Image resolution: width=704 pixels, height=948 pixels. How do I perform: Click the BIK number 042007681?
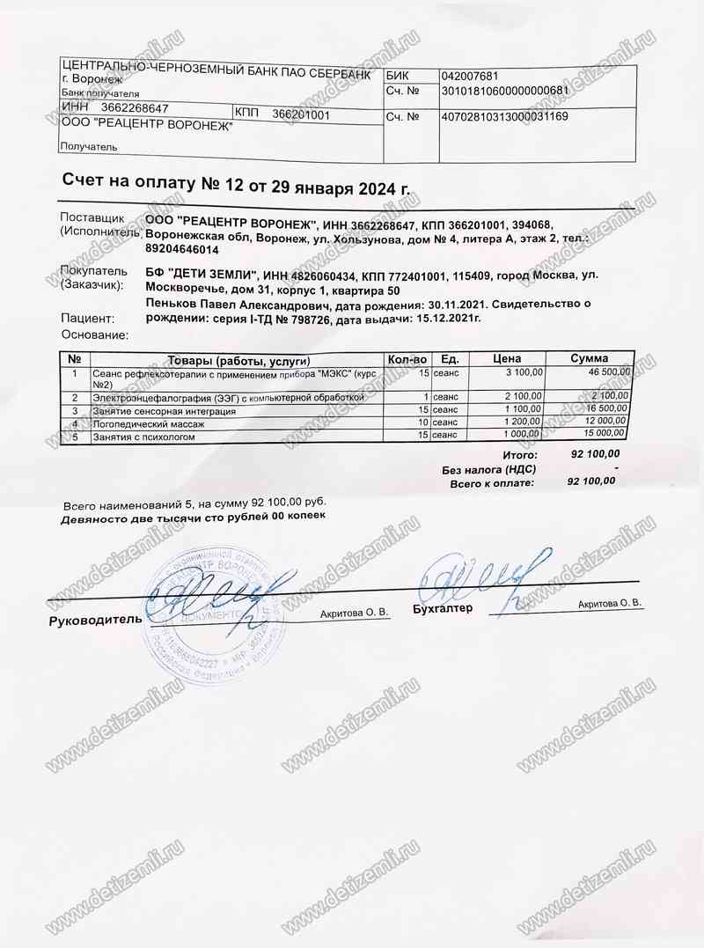point(471,76)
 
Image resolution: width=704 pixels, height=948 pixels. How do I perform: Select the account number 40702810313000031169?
point(505,116)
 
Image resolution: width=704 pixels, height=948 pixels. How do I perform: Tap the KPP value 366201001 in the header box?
point(301,114)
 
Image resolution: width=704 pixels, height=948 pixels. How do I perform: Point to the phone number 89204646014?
point(182,250)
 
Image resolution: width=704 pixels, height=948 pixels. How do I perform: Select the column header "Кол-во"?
point(407,359)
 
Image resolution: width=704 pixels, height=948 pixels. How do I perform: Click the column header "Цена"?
point(508,359)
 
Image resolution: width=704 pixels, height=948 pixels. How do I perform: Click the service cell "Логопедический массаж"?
point(149,423)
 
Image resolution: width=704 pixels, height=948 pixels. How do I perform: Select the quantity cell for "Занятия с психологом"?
point(423,435)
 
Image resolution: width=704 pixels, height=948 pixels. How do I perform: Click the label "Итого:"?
point(519,455)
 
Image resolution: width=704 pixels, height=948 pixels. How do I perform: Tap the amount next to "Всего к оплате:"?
point(591,481)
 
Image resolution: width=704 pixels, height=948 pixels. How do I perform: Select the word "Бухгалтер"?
point(442,608)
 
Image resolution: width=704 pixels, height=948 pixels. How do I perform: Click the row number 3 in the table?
point(75,410)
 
